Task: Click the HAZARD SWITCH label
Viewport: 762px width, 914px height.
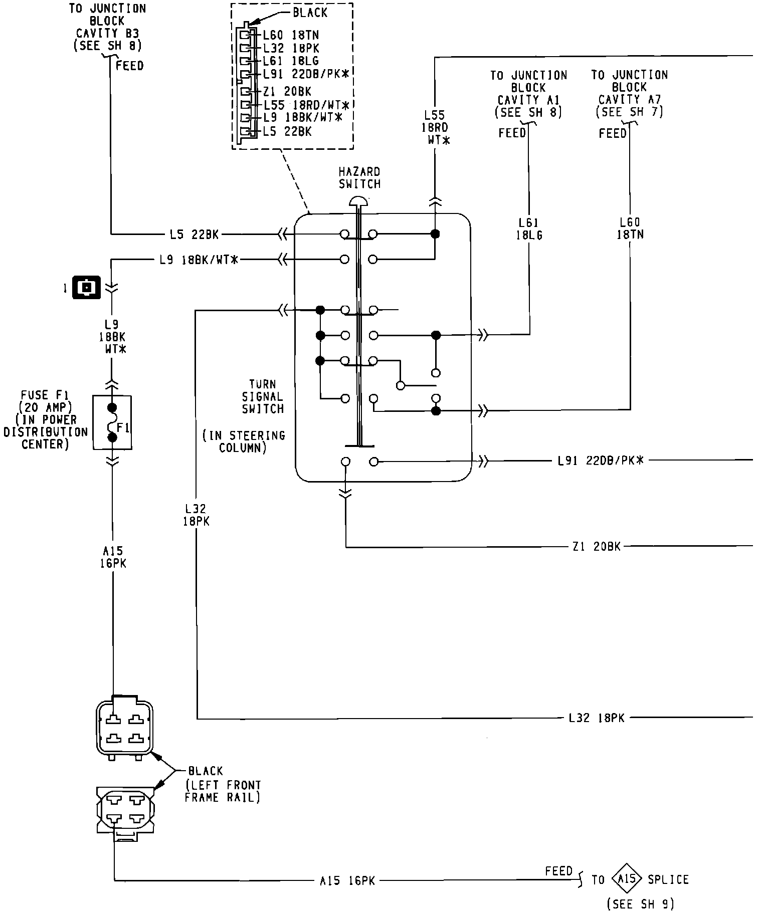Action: point(359,178)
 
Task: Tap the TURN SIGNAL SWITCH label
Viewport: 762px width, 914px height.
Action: point(263,396)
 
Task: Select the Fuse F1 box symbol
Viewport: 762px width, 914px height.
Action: point(112,422)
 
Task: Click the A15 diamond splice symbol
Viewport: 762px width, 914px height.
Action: point(627,879)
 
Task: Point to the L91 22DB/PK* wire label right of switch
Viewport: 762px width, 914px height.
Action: point(600,460)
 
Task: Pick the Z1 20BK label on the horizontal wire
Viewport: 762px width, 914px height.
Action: point(596,547)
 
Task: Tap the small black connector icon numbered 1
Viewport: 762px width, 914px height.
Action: point(87,288)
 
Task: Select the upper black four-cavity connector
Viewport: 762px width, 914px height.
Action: point(124,728)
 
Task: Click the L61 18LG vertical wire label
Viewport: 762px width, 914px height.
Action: point(529,229)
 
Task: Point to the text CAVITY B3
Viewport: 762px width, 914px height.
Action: point(107,34)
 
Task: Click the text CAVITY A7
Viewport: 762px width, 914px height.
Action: point(629,99)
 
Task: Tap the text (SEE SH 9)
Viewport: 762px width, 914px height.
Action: point(640,904)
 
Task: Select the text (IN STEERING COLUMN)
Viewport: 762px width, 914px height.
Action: point(244,441)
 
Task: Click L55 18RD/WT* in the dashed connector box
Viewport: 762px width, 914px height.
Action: point(306,106)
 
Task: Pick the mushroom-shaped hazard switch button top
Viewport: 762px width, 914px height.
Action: point(358,201)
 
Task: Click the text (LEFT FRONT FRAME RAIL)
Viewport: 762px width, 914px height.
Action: point(223,791)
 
